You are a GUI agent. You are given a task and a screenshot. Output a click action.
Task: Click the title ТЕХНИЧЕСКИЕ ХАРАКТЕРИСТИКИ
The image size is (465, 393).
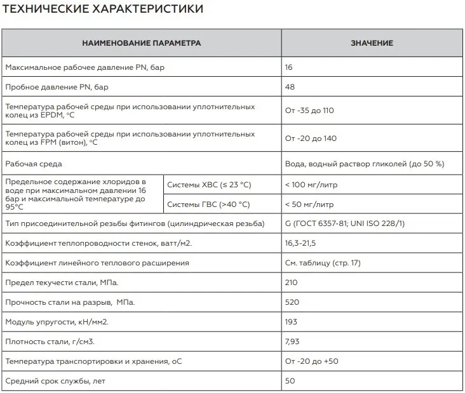pos(104,9)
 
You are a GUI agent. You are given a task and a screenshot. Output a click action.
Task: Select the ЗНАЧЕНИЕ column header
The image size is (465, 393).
pos(372,43)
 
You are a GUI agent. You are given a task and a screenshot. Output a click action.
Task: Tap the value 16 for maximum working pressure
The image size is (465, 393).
pos(290,67)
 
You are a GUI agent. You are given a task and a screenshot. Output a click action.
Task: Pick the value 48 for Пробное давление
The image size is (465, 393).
pos(290,86)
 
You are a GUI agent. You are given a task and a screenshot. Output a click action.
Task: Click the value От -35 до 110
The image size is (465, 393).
pos(309,110)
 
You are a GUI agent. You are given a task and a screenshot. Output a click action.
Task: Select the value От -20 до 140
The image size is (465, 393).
pos(311,138)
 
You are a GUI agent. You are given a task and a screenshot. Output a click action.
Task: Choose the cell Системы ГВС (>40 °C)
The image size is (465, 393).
pos(208,204)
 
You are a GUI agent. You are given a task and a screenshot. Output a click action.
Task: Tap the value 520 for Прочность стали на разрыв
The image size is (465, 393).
pos(292,302)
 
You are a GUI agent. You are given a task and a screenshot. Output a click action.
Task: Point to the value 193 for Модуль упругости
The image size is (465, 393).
pos(292,322)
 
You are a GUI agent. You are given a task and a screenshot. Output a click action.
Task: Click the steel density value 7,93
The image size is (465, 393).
pos(292,342)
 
